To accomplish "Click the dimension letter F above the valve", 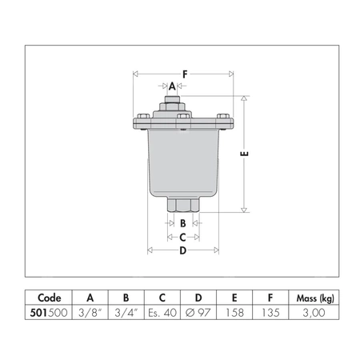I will click(185, 74).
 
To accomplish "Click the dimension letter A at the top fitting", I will click(171, 86).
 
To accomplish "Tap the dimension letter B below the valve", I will click(183, 223).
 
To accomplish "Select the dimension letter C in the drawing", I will click(183, 237).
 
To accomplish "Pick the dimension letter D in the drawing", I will click(183, 251).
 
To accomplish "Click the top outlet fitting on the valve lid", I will click(172, 103).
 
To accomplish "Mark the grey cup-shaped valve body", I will click(183, 160).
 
